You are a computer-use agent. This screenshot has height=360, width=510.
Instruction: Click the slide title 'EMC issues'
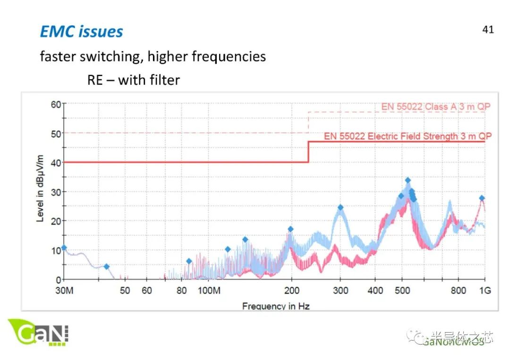(x=81, y=32)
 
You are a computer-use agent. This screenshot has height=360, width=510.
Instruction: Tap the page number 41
(x=488, y=30)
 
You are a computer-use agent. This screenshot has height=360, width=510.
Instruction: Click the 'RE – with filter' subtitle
(x=133, y=80)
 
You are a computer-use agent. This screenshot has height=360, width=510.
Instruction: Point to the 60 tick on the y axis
(x=56, y=104)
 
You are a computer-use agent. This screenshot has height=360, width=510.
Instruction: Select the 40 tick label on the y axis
(x=56, y=163)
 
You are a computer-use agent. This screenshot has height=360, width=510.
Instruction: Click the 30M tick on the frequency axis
(x=64, y=291)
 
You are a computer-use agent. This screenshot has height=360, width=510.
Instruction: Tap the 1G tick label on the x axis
(x=485, y=291)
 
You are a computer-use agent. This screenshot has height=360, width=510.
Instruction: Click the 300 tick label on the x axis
(x=340, y=291)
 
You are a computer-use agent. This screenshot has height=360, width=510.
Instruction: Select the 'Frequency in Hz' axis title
(x=276, y=306)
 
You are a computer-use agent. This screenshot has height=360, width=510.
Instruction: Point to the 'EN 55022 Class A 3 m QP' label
(x=436, y=107)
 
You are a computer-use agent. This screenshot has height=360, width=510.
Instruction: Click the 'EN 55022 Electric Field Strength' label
(x=408, y=136)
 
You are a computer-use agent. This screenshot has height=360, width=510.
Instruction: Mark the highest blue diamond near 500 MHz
(x=408, y=180)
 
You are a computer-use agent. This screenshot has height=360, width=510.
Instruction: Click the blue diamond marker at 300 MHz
(x=340, y=208)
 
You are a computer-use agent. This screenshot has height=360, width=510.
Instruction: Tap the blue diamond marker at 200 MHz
(x=291, y=229)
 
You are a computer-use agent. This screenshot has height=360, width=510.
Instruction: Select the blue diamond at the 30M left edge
(x=64, y=248)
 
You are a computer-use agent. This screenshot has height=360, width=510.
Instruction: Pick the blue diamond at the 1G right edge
(x=482, y=198)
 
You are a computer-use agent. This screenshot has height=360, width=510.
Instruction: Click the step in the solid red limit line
(x=308, y=152)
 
